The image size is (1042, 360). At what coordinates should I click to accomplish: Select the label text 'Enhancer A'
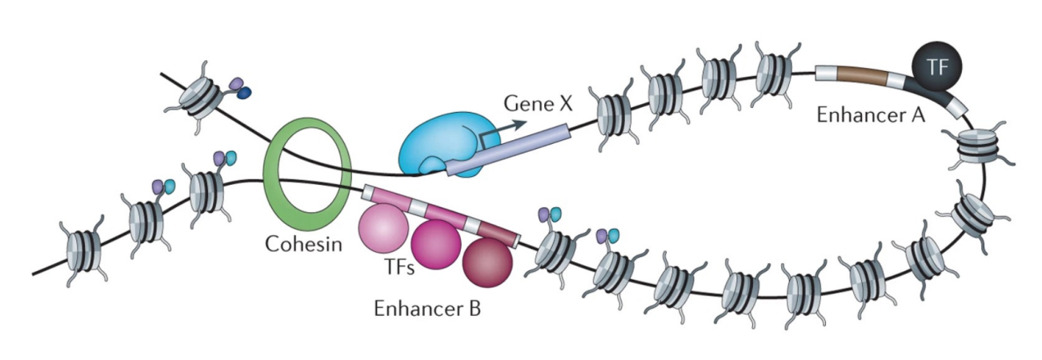871,115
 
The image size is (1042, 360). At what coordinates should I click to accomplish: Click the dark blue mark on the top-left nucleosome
243,94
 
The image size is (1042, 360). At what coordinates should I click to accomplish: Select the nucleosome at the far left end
83,250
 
